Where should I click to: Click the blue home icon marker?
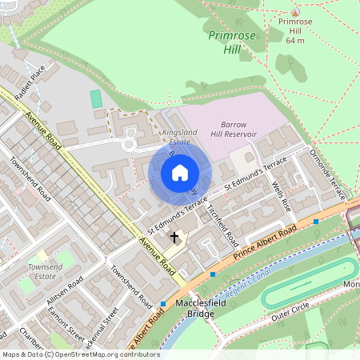click(179, 173)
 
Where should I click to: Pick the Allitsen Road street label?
click(64, 294)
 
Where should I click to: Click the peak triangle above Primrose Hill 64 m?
click(295, 13)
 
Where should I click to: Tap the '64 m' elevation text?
click(295, 39)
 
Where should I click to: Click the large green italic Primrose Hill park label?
click(229, 42)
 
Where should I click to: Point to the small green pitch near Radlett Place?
click(96, 99)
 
